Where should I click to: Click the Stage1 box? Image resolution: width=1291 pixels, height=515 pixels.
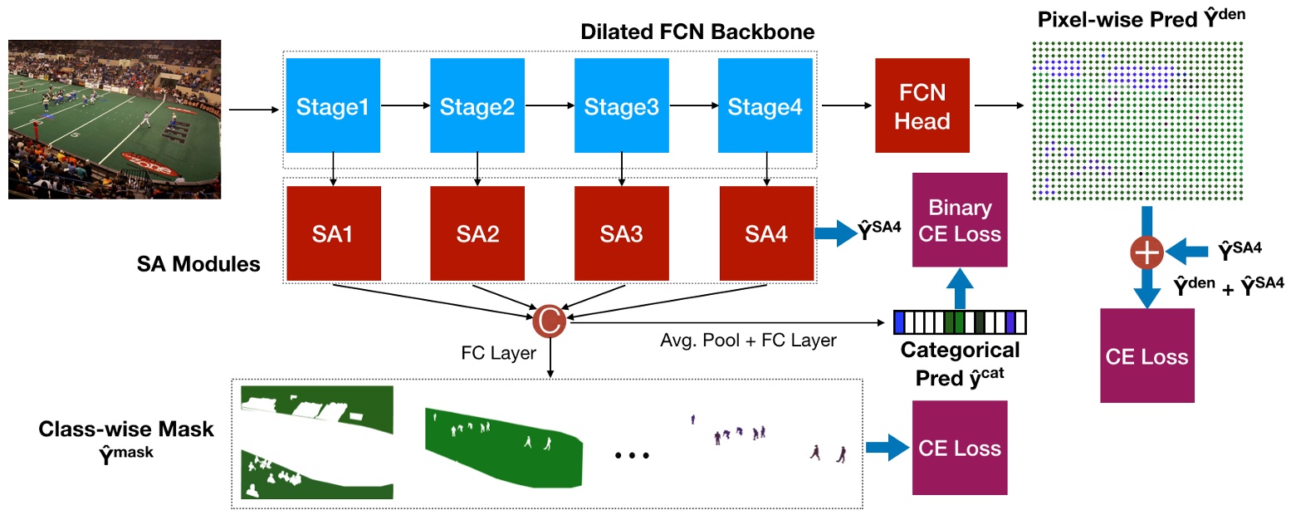[x=332, y=106]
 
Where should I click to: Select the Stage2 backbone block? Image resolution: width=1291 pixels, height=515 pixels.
[x=477, y=106]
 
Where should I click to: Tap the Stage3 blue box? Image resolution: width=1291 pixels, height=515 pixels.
[x=621, y=106]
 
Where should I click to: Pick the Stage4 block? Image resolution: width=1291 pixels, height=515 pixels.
[x=765, y=106]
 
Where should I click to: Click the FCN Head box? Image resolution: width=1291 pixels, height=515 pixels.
[x=922, y=106]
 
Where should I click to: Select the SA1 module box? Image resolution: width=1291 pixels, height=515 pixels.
[x=333, y=233]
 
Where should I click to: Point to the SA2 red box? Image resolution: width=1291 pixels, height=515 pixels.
[x=477, y=233]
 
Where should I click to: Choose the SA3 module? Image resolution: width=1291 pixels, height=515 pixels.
[x=622, y=233]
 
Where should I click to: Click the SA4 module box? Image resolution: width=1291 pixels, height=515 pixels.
[x=766, y=233]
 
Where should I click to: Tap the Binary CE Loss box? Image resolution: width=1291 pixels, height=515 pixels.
[x=959, y=220]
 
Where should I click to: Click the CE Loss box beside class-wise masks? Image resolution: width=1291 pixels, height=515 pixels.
[x=959, y=449]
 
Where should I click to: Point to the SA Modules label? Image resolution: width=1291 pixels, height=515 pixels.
[x=198, y=264]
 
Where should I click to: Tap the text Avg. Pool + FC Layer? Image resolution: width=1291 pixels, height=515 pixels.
[x=748, y=340]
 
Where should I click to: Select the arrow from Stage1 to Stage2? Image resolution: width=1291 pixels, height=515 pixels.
[x=405, y=106]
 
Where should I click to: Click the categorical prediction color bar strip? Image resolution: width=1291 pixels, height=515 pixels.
[x=960, y=321]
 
